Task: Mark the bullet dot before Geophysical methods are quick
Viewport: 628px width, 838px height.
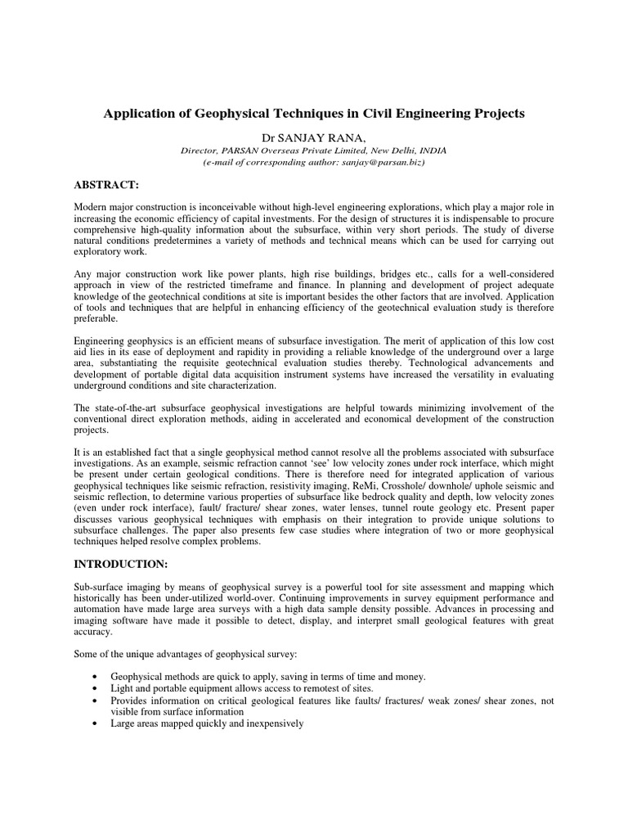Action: coord(98,677)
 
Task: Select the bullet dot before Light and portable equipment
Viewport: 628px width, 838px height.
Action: coord(98,689)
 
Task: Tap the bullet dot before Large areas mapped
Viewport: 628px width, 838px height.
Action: coord(98,724)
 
